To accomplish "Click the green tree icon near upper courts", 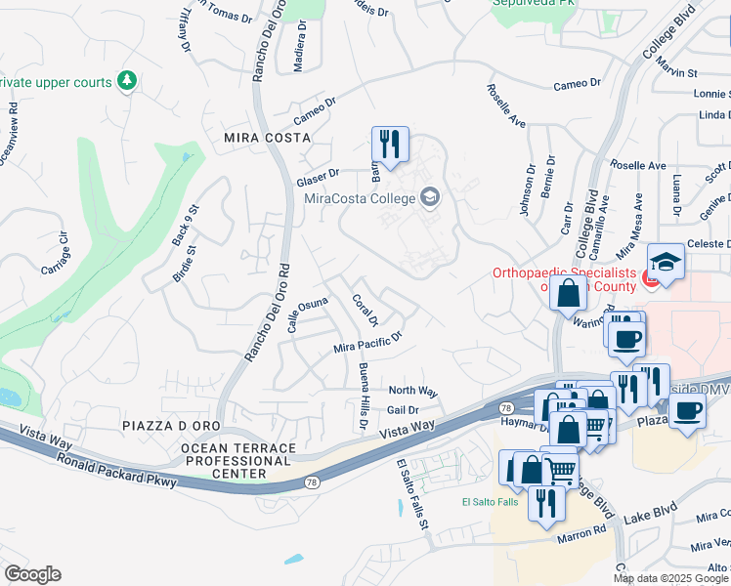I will (126, 80).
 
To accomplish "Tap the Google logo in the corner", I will (32, 574).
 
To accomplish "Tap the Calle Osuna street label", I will (307, 314).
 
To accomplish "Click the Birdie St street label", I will (185, 264).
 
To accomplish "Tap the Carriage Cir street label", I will (55, 253).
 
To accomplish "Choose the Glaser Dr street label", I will (318, 178).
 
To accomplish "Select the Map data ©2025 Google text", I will (671, 578).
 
